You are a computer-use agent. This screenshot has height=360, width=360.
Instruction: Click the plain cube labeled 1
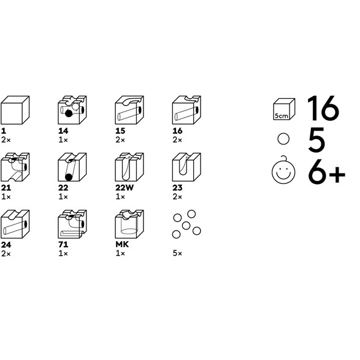tap(15, 110)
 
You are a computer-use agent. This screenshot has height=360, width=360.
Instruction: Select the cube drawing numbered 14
tap(72, 110)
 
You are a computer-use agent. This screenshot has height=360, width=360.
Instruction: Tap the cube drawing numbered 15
tap(129, 110)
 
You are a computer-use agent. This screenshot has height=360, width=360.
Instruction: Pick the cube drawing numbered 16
tap(186, 110)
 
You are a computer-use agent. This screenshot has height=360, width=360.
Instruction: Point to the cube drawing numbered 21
tap(15, 167)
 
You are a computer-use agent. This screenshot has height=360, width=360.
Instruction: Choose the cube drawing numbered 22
tap(72, 167)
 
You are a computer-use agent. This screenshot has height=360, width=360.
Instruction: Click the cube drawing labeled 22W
tap(129, 167)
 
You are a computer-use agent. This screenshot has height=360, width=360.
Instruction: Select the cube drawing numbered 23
tap(186, 167)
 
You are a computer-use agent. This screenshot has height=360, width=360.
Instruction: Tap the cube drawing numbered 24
tap(15, 224)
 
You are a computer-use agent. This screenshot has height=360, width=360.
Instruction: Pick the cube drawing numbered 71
tap(72, 224)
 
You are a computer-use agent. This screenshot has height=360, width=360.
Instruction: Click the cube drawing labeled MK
tap(129, 224)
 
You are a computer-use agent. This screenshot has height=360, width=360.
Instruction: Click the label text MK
tap(122, 245)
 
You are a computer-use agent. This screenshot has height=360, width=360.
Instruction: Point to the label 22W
tap(124, 188)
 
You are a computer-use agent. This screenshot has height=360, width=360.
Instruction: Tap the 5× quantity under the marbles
tap(177, 253)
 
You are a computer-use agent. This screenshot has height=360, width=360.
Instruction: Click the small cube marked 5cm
tap(284, 109)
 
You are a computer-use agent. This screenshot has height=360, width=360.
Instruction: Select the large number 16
tap(323, 108)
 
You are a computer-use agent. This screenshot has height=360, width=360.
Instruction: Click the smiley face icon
tap(283, 170)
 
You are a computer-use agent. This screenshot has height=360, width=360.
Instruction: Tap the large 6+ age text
tap(326, 171)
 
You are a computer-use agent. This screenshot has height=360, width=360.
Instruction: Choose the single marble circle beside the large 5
tap(283, 139)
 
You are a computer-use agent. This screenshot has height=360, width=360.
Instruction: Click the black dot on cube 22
tap(69, 177)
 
